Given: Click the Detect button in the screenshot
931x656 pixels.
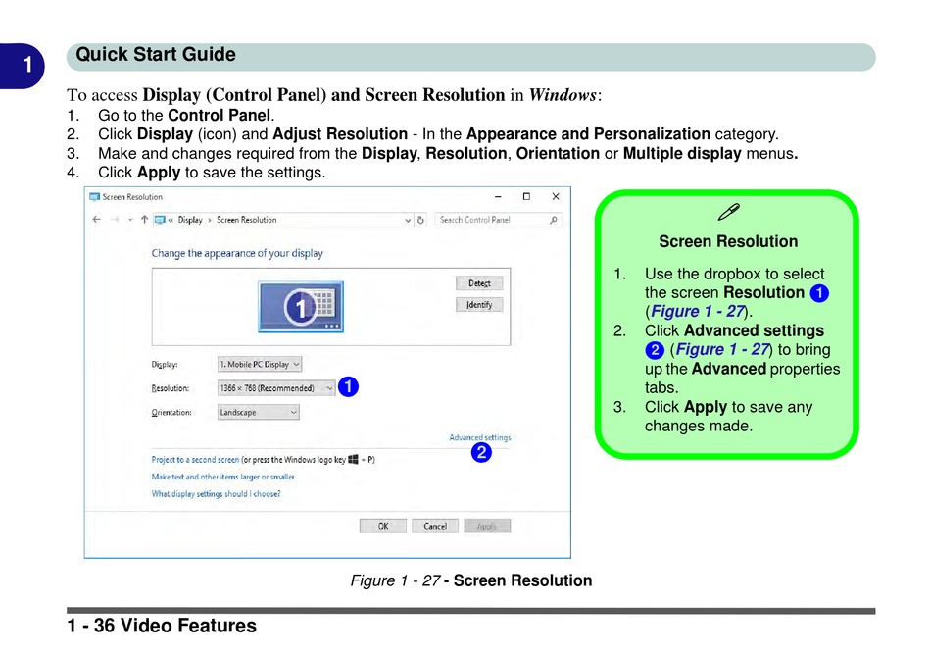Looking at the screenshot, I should (x=479, y=283).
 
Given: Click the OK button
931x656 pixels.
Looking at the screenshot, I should (x=383, y=527).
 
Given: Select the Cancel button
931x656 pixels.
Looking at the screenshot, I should (x=435, y=527).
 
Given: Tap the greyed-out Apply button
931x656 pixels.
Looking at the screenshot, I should (x=487, y=527).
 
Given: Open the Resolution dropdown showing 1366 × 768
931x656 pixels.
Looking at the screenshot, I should (x=276, y=388).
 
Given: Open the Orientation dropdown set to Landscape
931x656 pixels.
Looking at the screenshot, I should (x=258, y=413).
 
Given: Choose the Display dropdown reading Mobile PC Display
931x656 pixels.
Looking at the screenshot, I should (x=260, y=365).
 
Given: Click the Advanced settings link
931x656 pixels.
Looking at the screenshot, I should (x=479, y=438).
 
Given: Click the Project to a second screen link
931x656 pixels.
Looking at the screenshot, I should (x=195, y=460).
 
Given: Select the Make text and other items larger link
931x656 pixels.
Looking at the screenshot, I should (x=222, y=478).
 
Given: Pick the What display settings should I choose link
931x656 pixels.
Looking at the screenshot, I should (x=216, y=494).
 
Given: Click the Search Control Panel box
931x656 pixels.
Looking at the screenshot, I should (x=499, y=220).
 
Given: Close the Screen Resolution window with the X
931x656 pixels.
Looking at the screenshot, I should (x=556, y=197).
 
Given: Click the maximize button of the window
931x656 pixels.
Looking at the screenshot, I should (x=526, y=197).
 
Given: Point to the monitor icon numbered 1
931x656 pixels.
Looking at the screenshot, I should (x=301, y=307).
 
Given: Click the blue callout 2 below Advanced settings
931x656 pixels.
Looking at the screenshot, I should (x=480, y=453).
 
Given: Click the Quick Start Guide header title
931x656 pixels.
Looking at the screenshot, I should (x=156, y=55).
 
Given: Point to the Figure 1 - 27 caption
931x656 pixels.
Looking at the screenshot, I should (x=471, y=580).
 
